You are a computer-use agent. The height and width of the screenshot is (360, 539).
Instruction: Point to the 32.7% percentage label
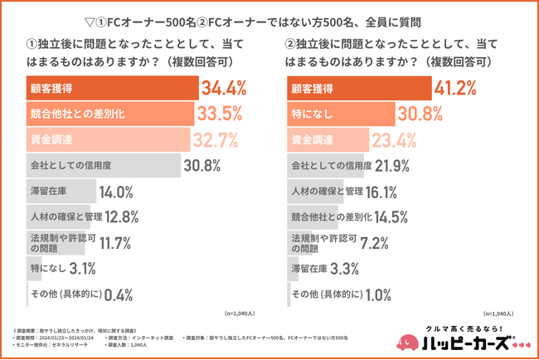[x=216, y=139]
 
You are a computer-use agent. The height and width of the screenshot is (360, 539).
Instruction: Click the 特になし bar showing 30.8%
[x=342, y=113]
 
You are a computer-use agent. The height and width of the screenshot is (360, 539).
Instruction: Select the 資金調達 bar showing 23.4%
[x=324, y=139]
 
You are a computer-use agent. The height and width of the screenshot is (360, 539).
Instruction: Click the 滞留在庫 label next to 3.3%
[x=308, y=269]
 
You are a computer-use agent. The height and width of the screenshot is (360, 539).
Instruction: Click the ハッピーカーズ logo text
[x=468, y=343]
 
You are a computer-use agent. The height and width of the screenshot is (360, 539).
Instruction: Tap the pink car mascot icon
[x=408, y=340]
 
